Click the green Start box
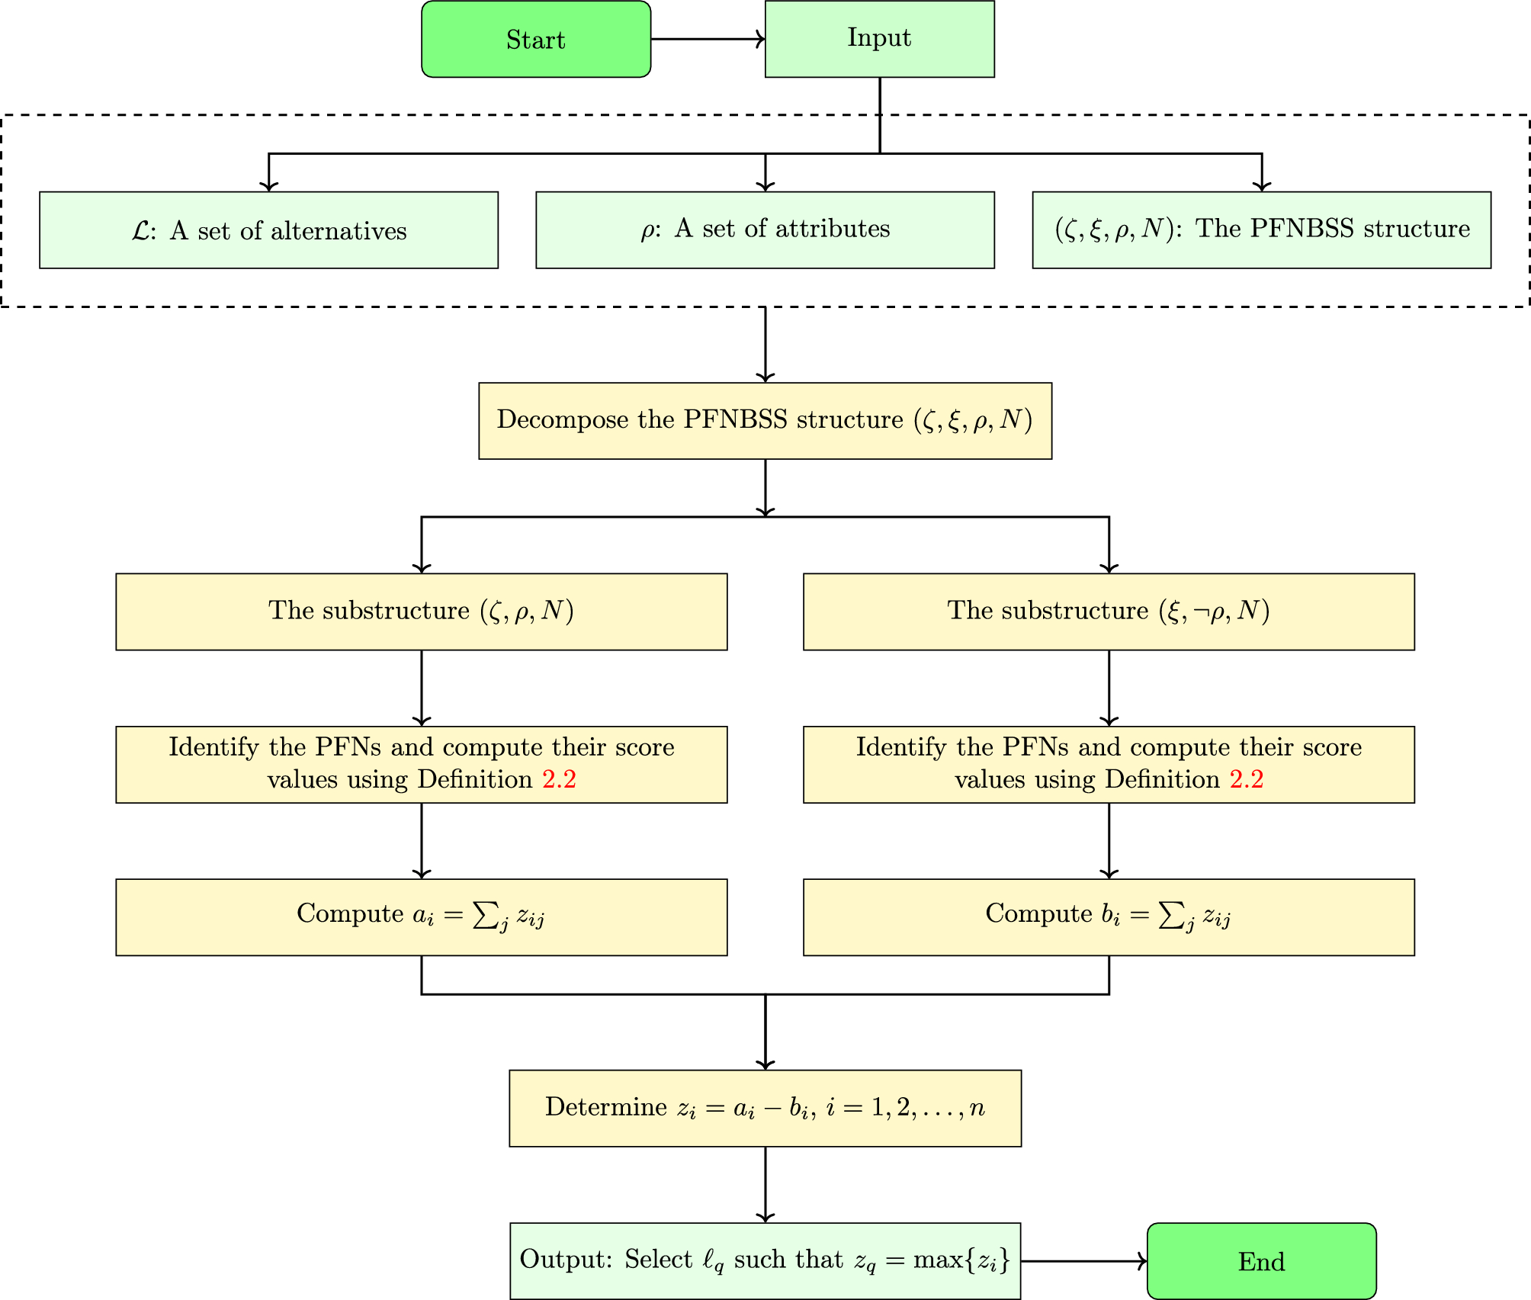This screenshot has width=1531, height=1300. (536, 39)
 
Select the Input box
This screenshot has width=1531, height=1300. (879, 39)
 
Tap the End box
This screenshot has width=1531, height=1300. (1261, 1261)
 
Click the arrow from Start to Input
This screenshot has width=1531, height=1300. (708, 39)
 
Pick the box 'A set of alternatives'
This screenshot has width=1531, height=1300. (268, 230)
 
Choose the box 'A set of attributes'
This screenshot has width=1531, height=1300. (765, 230)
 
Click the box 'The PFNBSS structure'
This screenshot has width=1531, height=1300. (1261, 230)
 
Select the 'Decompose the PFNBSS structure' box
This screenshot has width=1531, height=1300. (765, 420)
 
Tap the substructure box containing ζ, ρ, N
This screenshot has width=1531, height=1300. (421, 611)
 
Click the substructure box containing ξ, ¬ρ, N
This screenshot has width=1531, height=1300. (1109, 611)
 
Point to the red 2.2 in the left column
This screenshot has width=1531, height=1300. (559, 779)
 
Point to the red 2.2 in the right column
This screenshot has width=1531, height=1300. (1247, 779)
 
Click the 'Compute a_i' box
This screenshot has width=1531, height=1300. (421, 916)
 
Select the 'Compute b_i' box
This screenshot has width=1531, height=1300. (1109, 916)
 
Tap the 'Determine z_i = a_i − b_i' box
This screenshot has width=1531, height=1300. (765, 1108)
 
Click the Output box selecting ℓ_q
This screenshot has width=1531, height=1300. (765, 1260)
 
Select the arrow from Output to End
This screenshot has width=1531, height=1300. (1083, 1261)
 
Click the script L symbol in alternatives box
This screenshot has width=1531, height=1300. (141, 231)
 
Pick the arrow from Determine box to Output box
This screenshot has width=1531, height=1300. (765, 1184)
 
